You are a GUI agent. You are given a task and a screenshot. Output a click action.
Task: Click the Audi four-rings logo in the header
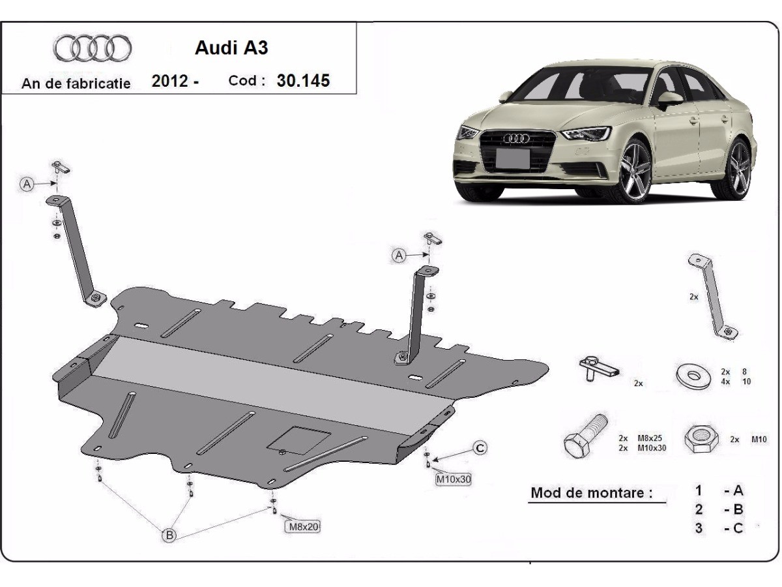point(93,48)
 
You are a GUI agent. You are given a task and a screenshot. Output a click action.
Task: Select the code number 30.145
point(303,81)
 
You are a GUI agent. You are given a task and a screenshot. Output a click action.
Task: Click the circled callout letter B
point(169,535)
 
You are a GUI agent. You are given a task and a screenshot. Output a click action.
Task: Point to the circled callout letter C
point(480,448)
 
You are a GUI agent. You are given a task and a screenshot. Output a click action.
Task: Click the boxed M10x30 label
point(453,479)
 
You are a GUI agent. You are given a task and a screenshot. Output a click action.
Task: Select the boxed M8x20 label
point(303,526)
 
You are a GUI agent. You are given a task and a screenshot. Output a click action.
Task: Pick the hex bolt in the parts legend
point(584,438)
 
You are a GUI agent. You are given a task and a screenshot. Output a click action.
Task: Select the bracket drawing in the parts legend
point(713,297)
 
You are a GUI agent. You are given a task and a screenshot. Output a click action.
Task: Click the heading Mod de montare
point(591,492)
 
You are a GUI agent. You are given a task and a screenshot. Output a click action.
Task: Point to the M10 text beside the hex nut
point(759,440)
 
